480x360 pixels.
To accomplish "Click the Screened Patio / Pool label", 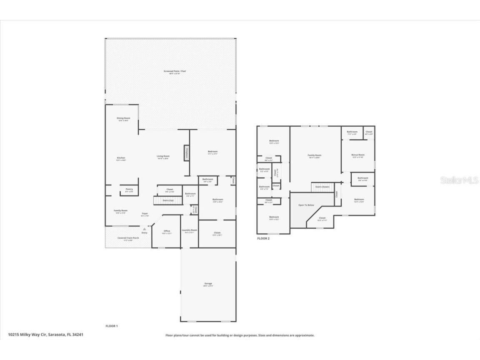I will pos(175,71).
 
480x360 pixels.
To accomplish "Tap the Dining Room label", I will pos(123,118).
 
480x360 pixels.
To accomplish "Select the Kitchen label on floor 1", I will pos(121,158).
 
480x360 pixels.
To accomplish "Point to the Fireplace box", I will pos(187,152).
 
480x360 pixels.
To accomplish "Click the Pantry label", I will pos(129,190).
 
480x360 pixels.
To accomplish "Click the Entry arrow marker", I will pos(145,229).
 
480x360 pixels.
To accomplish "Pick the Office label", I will pos(167,231).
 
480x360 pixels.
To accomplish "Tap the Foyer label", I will pos(145,213).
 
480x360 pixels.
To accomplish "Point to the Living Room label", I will pos(163,156).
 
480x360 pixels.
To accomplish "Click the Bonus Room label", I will pos(358,155).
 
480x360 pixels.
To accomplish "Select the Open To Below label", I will pos(306,205).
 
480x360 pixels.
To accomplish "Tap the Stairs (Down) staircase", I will pos(322,187).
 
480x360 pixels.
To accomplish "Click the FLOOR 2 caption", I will pos(263,238).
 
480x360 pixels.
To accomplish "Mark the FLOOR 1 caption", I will pos(112,326).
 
